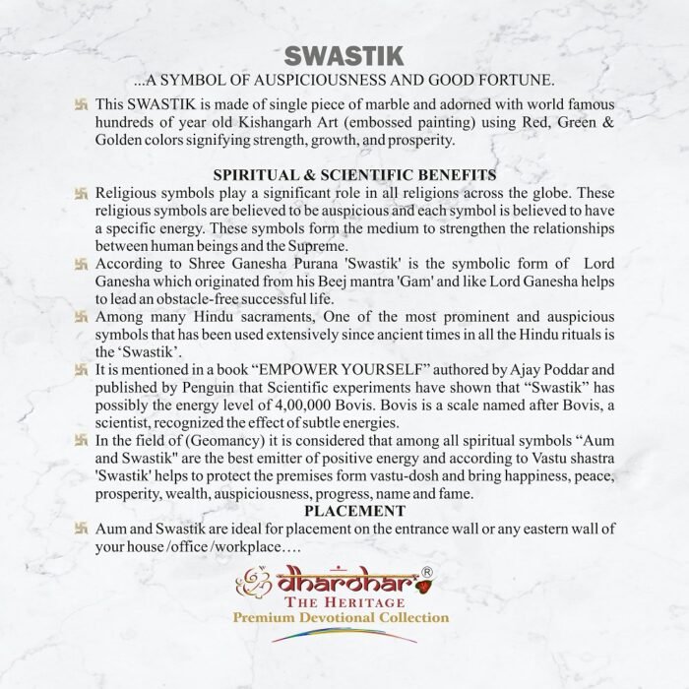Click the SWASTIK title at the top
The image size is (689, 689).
point(344,53)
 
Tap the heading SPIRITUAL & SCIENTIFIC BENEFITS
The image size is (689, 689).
point(344,174)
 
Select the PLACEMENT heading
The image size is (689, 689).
point(344,511)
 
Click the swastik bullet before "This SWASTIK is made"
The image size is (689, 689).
point(83,105)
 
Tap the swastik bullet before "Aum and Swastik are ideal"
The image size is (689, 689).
point(83,530)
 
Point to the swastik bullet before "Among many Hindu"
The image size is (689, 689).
point(83,316)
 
